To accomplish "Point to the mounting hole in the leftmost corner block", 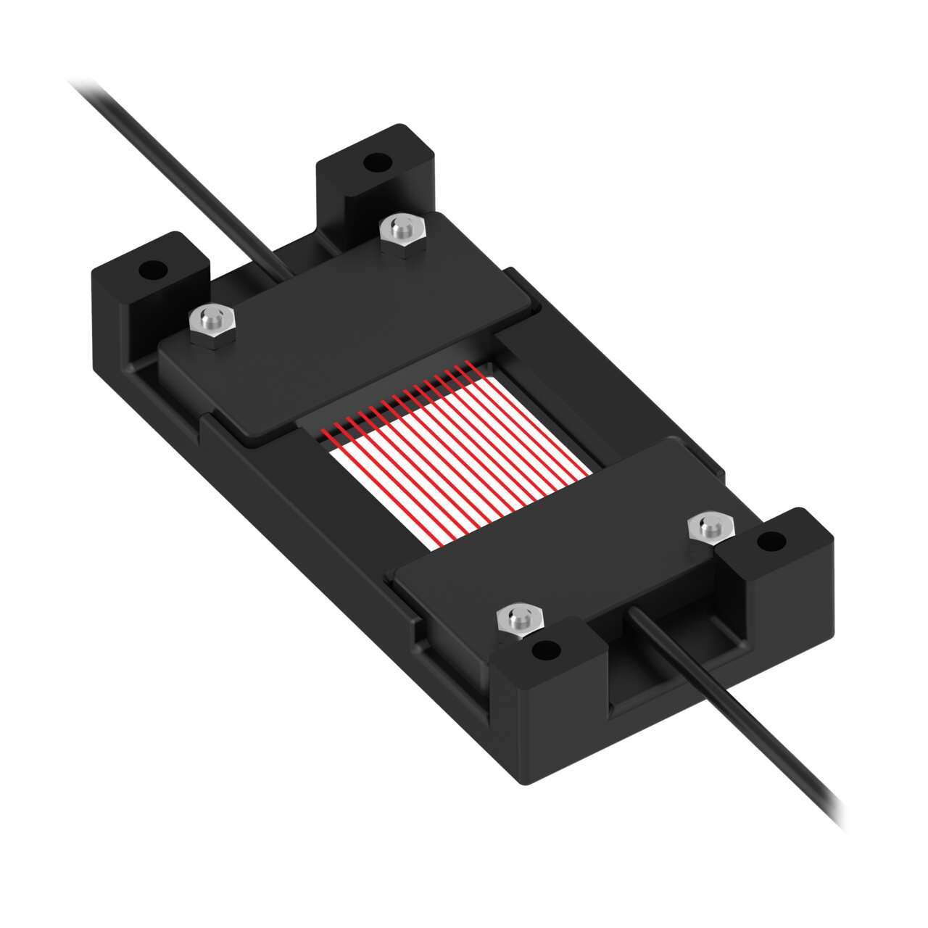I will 152,271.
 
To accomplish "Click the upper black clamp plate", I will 348,319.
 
